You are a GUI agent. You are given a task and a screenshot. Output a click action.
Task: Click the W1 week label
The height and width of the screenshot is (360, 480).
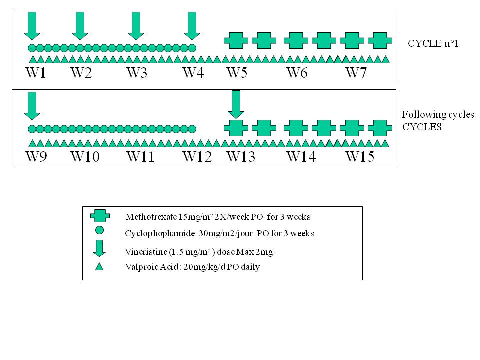click(36, 73)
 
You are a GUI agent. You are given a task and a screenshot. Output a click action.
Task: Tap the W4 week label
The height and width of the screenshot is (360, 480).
click(193, 73)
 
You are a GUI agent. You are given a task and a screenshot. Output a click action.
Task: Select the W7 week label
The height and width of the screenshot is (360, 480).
click(357, 73)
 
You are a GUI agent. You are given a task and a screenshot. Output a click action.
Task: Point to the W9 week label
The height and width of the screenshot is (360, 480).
click(36, 157)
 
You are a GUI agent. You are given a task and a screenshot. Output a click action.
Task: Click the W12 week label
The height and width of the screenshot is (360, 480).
click(197, 157)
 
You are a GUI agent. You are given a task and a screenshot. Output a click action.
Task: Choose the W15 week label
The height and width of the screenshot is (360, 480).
click(360, 157)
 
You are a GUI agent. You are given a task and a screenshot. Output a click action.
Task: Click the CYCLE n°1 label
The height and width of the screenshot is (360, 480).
click(433, 44)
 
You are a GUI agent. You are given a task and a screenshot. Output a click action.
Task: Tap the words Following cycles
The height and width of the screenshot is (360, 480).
click(438, 115)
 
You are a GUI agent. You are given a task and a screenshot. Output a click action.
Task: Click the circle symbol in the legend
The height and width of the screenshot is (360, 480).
click(99, 230)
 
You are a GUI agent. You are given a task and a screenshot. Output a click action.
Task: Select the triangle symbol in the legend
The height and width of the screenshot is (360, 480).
click(99, 266)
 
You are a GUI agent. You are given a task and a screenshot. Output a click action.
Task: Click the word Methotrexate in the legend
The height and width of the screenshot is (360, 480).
click(149, 217)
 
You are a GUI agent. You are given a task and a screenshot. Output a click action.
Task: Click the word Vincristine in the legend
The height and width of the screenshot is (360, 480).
click(144, 252)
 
